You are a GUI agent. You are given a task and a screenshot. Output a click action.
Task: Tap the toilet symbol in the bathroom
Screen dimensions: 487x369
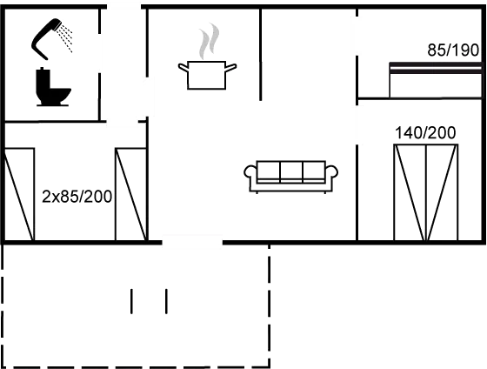coord(53,87)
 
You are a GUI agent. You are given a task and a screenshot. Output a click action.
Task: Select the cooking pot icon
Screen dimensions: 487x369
coord(207,75)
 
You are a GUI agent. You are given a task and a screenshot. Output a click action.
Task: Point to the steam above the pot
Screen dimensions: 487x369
coord(209,41)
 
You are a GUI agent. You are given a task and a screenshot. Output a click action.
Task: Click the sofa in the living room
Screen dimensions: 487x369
coord(291,177)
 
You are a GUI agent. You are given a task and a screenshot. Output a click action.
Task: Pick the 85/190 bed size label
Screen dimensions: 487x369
coord(453,50)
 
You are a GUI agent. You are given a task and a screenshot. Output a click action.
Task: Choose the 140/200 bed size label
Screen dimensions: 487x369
coord(425,133)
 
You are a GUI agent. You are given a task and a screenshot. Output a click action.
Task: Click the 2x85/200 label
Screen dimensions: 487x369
coord(77,197)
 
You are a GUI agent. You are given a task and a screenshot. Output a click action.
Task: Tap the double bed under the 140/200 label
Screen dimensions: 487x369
coord(426,192)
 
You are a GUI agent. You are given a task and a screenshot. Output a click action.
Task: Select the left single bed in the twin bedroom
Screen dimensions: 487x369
coord(18,194)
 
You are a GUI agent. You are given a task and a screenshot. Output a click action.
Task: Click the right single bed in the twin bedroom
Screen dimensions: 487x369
coord(130,194)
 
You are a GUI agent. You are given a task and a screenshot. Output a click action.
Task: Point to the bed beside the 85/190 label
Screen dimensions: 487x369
coord(436,80)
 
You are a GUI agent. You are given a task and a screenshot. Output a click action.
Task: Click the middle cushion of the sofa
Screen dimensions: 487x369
coord(291,171)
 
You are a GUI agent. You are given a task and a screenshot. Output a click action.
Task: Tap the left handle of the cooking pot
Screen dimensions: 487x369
coord(183,68)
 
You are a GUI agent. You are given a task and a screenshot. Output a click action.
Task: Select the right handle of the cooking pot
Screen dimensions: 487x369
coord(230,68)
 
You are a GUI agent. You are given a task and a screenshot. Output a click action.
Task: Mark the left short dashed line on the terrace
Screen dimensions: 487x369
coord(131,301)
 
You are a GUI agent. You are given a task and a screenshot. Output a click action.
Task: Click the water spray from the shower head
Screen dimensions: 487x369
coord(66,38)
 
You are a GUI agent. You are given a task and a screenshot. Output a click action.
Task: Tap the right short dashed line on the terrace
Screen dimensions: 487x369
coord(166,301)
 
